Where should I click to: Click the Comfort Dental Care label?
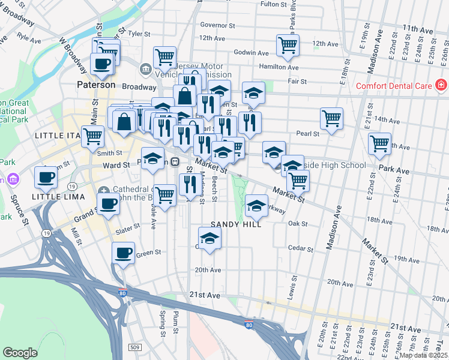[394, 86]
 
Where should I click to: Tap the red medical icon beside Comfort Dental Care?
[441, 86]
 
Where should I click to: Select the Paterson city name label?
[96, 85]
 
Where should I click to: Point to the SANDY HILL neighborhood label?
[236, 224]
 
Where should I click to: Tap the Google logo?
[20, 353]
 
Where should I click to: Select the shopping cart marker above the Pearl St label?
[331, 118]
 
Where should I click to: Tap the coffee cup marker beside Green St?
[124, 252]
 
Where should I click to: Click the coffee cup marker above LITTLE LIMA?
[46, 177]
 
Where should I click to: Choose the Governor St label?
[217, 26]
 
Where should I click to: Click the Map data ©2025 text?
[424, 355]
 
